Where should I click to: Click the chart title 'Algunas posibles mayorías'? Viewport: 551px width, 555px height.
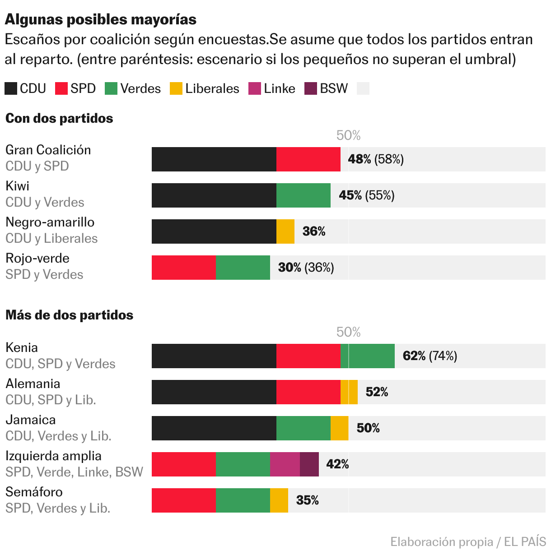click(101, 19)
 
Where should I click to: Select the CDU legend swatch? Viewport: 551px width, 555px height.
click(11, 88)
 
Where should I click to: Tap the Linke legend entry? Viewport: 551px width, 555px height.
click(272, 88)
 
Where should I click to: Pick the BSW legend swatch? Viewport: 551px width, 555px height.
click(311, 88)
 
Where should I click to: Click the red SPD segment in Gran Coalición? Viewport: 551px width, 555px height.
click(308, 159)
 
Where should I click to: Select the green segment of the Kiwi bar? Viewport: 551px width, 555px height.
click(304, 195)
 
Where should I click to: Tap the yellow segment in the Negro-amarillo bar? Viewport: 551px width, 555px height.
click(285, 231)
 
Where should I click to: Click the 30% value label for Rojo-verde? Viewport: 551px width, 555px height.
click(290, 268)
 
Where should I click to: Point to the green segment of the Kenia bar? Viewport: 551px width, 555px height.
click(368, 356)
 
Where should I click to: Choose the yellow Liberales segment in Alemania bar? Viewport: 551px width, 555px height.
click(349, 392)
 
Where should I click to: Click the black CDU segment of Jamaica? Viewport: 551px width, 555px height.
click(214, 428)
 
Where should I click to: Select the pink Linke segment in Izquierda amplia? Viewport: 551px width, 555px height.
click(285, 464)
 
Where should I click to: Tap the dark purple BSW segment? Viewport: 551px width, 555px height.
click(309, 464)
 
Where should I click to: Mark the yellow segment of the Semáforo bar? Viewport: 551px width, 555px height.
click(279, 500)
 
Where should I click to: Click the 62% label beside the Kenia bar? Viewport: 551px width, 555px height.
click(414, 356)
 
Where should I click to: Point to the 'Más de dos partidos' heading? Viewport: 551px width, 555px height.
click(69, 315)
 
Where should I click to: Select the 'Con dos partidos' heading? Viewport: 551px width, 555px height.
click(59, 118)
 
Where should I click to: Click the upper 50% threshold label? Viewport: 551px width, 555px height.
click(348, 135)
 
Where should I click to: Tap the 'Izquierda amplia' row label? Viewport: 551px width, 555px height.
click(53, 456)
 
